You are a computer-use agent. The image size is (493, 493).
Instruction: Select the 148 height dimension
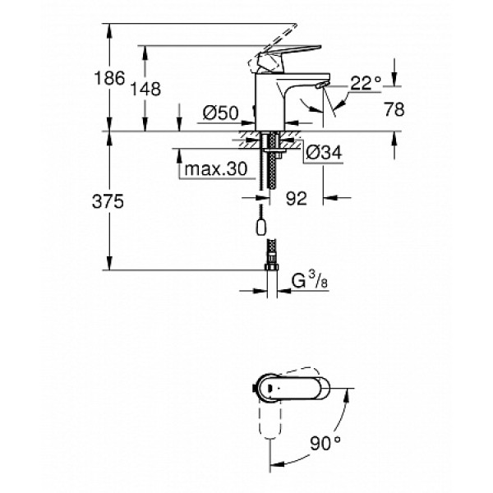(150, 89)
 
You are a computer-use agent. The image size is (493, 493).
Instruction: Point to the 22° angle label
(366, 82)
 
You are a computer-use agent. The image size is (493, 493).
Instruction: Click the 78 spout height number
(396, 109)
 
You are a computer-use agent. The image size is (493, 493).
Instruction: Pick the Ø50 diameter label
(220, 112)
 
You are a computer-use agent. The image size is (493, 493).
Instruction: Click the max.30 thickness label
(215, 169)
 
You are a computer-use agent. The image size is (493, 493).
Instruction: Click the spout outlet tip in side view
(323, 85)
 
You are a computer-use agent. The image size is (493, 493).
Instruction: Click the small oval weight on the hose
(260, 228)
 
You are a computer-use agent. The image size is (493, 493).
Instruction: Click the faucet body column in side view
(270, 103)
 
